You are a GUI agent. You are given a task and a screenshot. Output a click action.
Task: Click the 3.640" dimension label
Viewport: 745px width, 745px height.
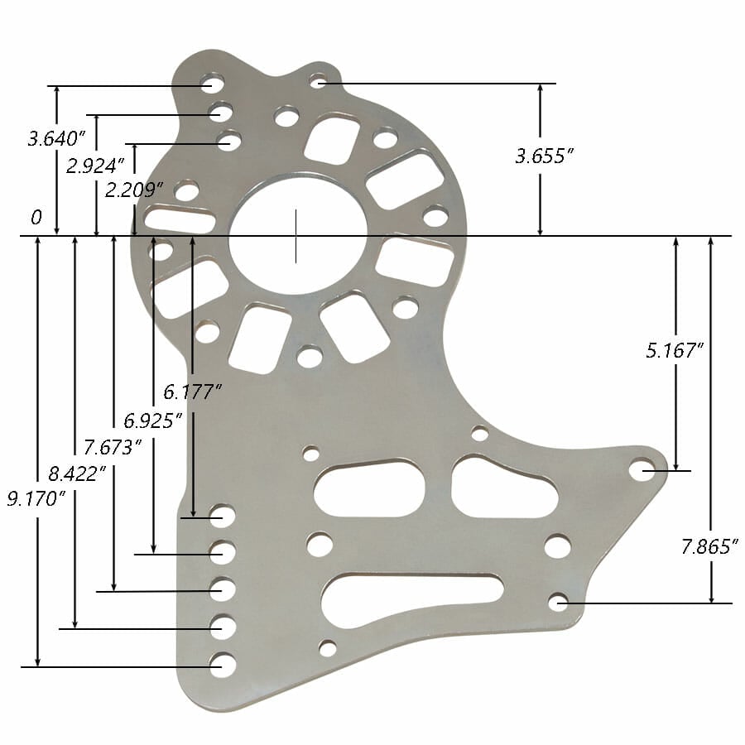click(x=56, y=137)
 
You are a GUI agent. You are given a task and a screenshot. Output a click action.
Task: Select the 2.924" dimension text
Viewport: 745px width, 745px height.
click(x=95, y=166)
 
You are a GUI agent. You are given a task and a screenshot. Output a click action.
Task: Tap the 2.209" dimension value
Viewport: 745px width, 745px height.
click(x=133, y=190)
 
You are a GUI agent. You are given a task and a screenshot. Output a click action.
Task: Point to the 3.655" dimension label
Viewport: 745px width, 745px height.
click(x=544, y=156)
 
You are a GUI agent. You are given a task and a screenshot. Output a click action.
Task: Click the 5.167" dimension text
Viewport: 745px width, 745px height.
click(x=674, y=350)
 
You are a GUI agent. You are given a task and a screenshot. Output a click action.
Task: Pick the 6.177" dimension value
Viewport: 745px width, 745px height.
click(x=193, y=391)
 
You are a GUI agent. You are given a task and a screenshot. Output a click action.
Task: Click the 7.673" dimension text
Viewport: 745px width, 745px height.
click(x=113, y=448)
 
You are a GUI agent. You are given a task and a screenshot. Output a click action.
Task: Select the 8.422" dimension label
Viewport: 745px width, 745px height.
click(x=76, y=473)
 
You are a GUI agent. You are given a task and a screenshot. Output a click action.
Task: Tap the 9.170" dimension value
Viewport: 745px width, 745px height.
click(x=36, y=499)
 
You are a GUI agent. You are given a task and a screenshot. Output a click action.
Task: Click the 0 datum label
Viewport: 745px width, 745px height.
click(x=36, y=218)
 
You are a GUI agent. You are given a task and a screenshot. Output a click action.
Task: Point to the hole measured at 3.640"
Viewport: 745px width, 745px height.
click(x=212, y=84)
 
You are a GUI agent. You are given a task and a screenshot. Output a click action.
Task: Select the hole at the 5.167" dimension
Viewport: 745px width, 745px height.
click(x=642, y=470)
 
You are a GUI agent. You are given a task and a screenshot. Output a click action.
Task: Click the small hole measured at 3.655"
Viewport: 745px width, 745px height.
click(x=318, y=81)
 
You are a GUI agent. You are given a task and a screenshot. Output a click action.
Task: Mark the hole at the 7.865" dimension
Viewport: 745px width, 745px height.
click(x=559, y=602)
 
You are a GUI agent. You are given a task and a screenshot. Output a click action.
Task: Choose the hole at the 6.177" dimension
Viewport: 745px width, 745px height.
click(x=222, y=517)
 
